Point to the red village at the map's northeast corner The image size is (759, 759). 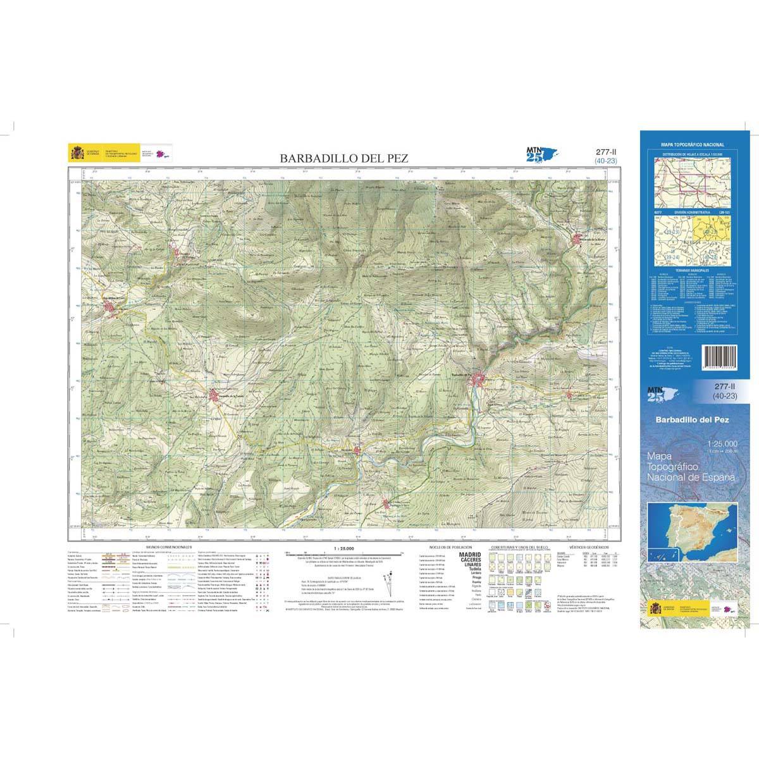click(580, 240)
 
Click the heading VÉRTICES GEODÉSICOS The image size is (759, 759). click(588, 545)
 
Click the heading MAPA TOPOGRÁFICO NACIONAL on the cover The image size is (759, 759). click(693, 145)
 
